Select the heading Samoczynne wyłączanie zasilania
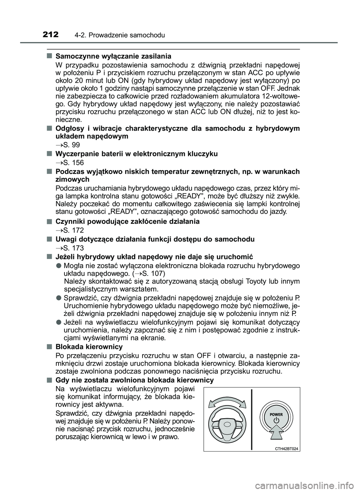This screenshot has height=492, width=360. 113,56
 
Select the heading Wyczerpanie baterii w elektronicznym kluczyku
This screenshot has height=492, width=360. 136,154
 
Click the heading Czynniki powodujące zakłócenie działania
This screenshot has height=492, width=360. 127,221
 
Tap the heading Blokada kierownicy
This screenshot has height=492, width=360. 88,347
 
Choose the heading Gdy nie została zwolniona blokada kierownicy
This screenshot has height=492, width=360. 134,380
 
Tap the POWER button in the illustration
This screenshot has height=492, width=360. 276,418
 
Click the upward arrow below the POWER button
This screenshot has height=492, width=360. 276,435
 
